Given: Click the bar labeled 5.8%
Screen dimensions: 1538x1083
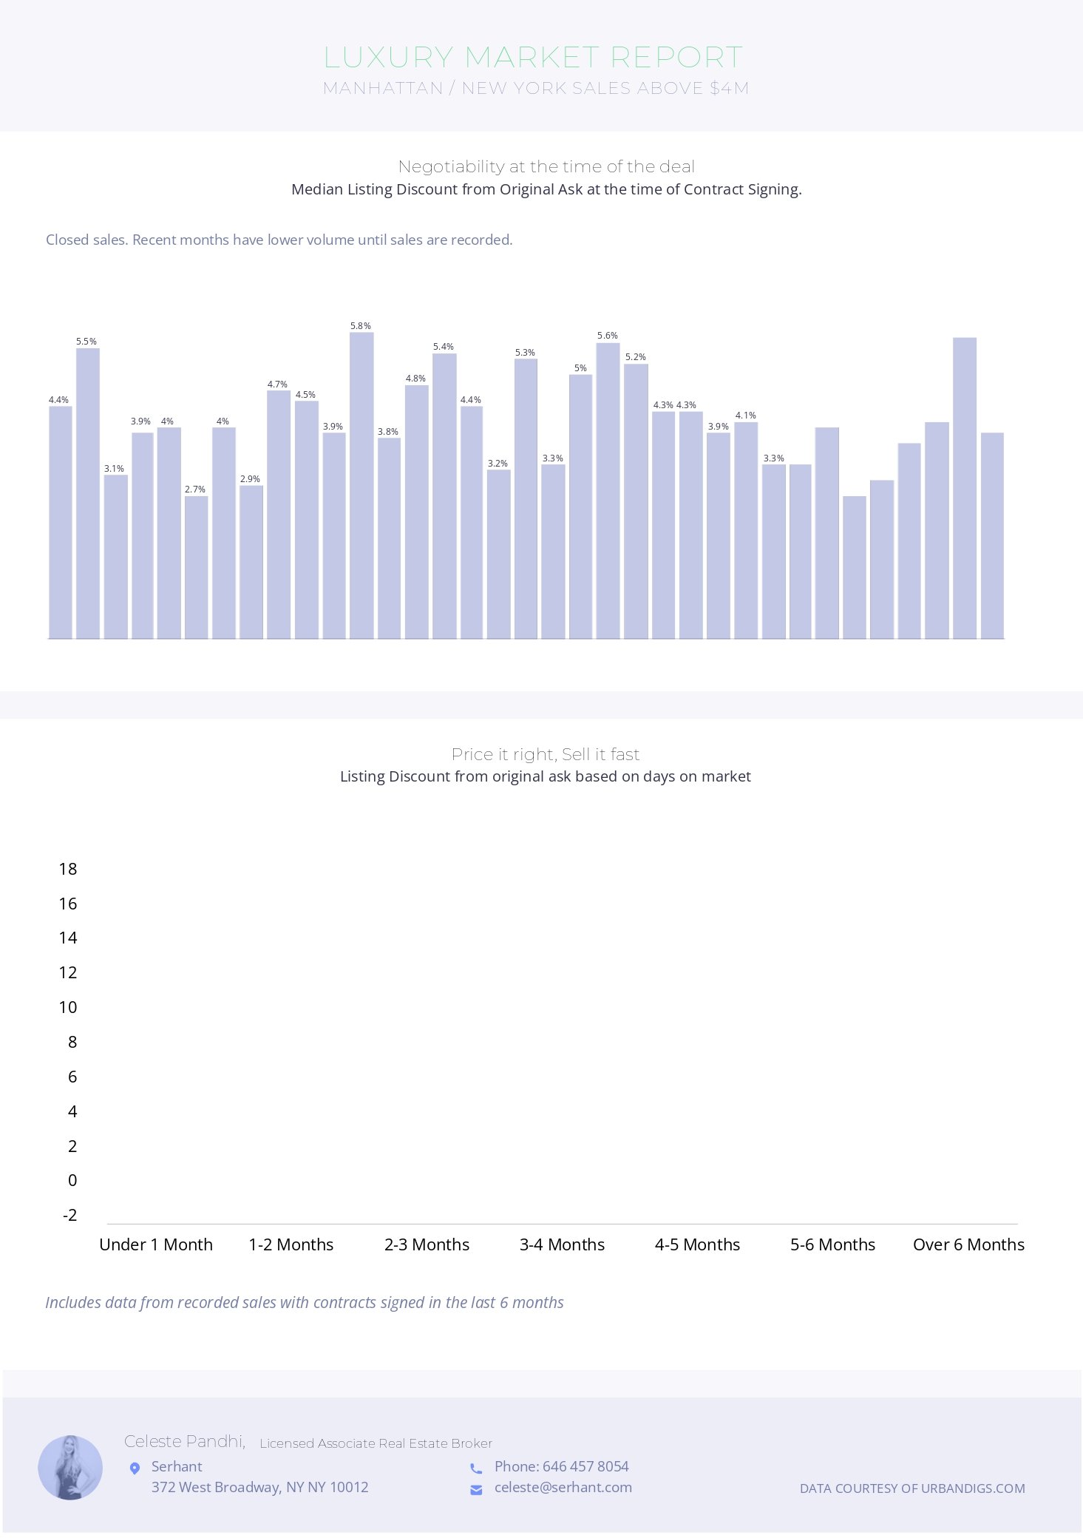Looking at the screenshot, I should click(x=361, y=485).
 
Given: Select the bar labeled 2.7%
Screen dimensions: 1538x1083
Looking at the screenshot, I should click(x=196, y=567).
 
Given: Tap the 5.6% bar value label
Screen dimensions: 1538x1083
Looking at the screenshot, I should click(x=608, y=336).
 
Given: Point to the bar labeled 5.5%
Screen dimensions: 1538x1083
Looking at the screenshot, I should click(x=87, y=493).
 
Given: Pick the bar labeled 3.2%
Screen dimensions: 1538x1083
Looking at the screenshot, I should click(x=498, y=554).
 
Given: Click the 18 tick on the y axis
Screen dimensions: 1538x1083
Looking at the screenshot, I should click(x=68, y=869).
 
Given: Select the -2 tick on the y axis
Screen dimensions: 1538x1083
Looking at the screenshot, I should click(x=70, y=1215).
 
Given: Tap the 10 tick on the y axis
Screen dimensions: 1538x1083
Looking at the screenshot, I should click(x=68, y=1007).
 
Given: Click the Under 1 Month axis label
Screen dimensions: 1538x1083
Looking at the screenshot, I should click(x=156, y=1244).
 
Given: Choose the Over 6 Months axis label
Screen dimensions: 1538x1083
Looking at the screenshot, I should click(x=968, y=1244).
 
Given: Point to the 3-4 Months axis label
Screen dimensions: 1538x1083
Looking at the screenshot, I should click(x=562, y=1244).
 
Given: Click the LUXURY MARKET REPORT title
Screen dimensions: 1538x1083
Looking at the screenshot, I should click(x=533, y=57).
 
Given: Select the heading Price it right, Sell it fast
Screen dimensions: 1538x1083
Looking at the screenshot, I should click(x=546, y=754).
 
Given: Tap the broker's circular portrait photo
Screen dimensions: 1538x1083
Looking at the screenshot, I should click(x=70, y=1468).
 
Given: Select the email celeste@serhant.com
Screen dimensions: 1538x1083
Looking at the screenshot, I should click(x=563, y=1487).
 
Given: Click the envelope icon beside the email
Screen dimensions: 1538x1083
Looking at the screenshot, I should click(x=476, y=1489).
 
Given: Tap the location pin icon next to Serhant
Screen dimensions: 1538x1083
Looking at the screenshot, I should click(x=135, y=1468).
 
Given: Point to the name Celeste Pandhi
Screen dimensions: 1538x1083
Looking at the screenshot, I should click(x=184, y=1441).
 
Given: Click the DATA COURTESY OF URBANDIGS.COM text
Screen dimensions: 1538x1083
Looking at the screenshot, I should click(x=912, y=1488).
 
